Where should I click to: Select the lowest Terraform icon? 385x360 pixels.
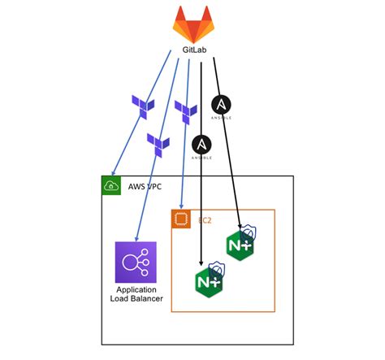pos(158,144)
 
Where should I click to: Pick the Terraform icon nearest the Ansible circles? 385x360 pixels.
pos(185,111)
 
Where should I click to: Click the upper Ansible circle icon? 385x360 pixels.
pos(221,106)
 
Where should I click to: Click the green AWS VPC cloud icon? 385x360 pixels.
pos(110,186)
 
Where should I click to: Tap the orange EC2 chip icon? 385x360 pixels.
pos(181,219)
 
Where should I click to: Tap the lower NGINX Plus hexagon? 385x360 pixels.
pos(207,281)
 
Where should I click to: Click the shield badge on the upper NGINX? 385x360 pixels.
pos(251,232)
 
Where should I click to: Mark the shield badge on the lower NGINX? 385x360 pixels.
pos(216,268)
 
